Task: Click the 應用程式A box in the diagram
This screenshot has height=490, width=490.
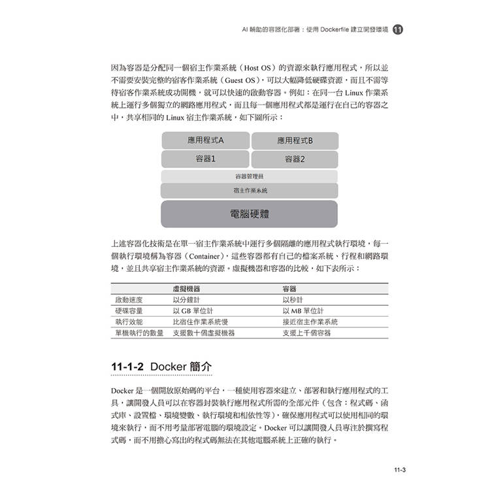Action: click(205, 140)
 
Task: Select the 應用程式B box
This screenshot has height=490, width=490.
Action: click(295, 140)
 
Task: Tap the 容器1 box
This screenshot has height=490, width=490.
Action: click(205, 159)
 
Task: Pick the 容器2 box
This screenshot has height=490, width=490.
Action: click(295, 159)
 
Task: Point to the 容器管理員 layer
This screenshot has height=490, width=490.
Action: click(249, 176)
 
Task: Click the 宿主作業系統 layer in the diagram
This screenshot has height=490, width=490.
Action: click(249, 191)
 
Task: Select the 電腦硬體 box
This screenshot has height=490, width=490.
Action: click(249, 214)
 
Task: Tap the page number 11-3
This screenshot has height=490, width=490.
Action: click(400, 469)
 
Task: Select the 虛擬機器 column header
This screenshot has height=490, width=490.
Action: click(186, 289)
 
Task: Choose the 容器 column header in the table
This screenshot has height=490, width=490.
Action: click(289, 289)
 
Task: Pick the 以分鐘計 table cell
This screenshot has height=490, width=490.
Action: click(188, 300)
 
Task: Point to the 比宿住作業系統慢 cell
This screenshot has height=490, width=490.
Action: click(200, 322)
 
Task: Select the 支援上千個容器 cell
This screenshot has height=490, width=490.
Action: click(306, 333)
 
